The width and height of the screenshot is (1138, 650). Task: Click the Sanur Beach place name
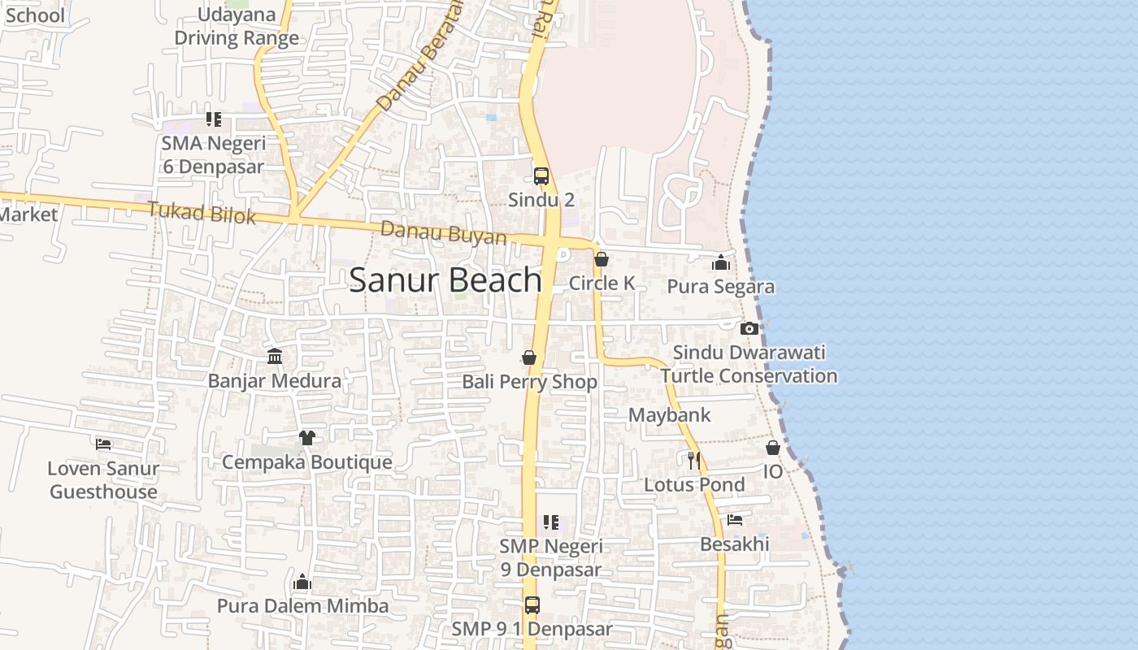[445, 279]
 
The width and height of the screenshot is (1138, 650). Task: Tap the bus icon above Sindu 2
[541, 175]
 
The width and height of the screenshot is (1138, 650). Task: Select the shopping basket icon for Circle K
[602, 259]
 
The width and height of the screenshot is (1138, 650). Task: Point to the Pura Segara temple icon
[720, 262]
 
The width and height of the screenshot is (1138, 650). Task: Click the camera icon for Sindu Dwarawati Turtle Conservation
[749, 328]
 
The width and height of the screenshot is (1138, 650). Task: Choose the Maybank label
[670, 415]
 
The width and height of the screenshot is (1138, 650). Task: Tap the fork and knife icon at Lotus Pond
[694, 461]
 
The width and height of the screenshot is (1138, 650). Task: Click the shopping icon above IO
[773, 448]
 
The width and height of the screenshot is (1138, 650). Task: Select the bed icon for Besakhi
[735, 520]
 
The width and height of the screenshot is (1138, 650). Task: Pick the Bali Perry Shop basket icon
[529, 357]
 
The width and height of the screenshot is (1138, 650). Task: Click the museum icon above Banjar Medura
[275, 357]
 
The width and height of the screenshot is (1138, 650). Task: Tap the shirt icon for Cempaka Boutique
[306, 438]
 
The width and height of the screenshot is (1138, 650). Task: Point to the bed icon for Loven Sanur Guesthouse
[103, 444]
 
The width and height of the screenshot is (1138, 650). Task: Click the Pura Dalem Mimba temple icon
[302, 582]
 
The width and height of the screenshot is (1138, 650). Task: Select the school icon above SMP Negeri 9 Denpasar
[551, 522]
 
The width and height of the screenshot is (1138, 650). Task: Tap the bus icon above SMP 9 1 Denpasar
[532, 605]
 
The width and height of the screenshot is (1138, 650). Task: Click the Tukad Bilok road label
[202, 213]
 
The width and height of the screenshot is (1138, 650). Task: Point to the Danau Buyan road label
[443, 233]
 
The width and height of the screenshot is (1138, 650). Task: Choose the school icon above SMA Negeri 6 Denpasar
[213, 120]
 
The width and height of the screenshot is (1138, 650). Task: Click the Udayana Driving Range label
[237, 27]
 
